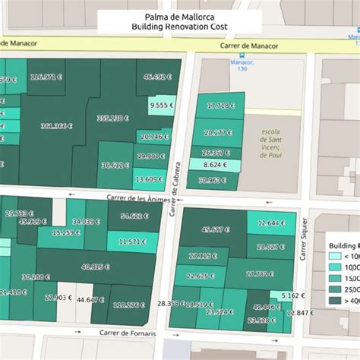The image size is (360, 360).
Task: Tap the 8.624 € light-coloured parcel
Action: point(215,165)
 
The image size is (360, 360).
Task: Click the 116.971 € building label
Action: point(46,77)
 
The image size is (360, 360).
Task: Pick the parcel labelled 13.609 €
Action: point(148,179)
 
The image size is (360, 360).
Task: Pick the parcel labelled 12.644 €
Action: point(271,223)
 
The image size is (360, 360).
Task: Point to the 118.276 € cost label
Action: point(128,305)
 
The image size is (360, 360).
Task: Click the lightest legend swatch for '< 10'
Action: point(333,257)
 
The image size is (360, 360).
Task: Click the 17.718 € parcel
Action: point(220,106)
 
